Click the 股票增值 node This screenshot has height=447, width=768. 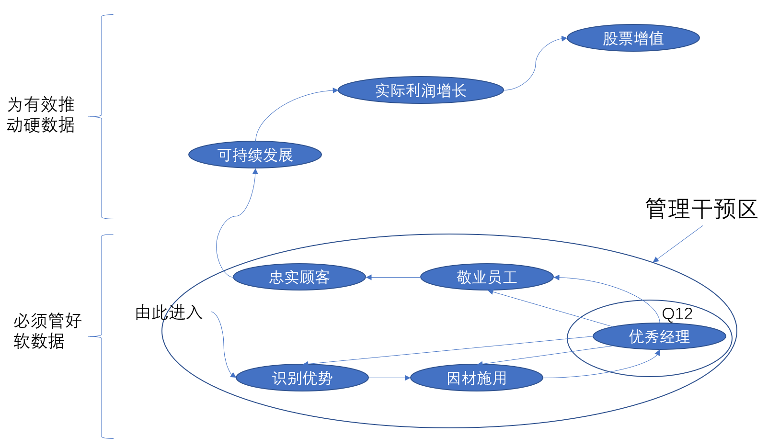[x=633, y=38]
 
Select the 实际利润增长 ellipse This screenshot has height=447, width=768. [x=420, y=90]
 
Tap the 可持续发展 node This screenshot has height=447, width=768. [x=255, y=155]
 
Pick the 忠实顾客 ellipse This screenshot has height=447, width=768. [x=299, y=277]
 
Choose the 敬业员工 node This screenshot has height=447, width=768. [x=487, y=277]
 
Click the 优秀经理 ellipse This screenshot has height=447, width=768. [x=659, y=336]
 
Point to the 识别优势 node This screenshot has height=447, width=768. [x=302, y=378]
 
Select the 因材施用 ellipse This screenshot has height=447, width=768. [x=477, y=378]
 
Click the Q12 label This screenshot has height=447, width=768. [x=677, y=314]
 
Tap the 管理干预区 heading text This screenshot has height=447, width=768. [x=701, y=209]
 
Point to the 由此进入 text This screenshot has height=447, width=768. [x=169, y=312]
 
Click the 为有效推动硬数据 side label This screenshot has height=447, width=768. [x=41, y=115]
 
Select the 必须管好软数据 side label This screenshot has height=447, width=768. [x=47, y=331]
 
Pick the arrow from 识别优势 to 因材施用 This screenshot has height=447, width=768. [x=389, y=378]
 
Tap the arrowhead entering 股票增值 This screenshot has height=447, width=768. [x=564, y=38]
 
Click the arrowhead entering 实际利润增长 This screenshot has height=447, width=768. [x=335, y=90]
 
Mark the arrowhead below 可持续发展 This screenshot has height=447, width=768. [x=255, y=171]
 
